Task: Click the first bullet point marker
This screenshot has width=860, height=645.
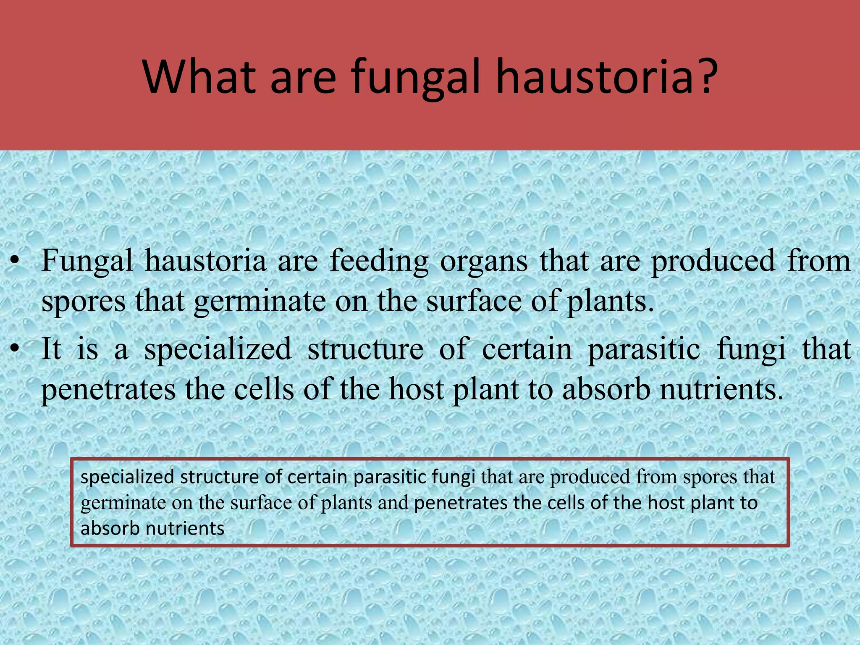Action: pyautogui.click(x=15, y=261)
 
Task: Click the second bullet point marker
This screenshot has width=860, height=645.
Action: pyautogui.click(x=15, y=349)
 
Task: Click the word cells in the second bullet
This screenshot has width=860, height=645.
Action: pyautogui.click(x=264, y=389)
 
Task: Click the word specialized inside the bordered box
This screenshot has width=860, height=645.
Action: pyautogui.click(x=127, y=477)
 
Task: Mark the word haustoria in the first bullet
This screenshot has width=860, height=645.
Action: pyautogui.click(x=205, y=261)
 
